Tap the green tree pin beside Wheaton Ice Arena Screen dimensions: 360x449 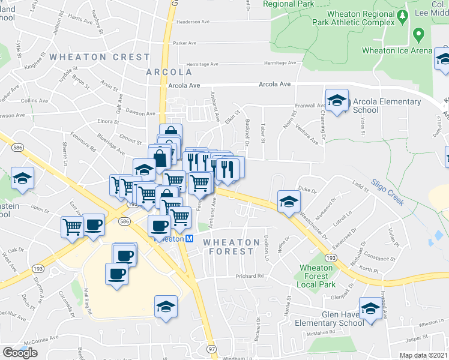[420, 34]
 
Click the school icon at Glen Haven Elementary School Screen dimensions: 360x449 [370, 308]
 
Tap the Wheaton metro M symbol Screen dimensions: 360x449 [188, 238]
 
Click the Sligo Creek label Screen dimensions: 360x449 [387, 191]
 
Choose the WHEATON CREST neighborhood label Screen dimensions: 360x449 [100, 57]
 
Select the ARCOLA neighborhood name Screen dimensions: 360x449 [169, 72]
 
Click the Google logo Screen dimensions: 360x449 [20, 353]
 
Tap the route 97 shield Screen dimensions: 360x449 [210, 349]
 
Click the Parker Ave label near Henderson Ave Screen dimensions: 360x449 [184, 43]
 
